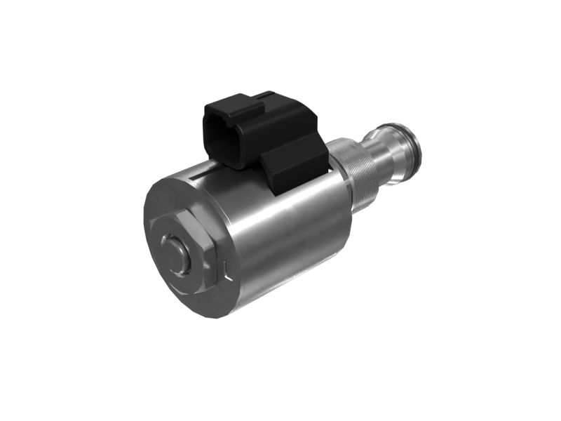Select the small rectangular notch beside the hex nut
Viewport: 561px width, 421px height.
(226, 269)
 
